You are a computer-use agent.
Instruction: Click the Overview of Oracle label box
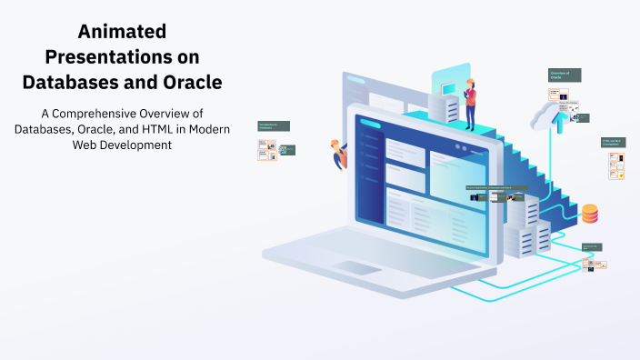(564, 75)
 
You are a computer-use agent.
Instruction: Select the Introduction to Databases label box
(273, 126)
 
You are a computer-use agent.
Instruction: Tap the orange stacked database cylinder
(590, 214)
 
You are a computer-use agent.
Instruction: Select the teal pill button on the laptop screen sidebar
(370, 123)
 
